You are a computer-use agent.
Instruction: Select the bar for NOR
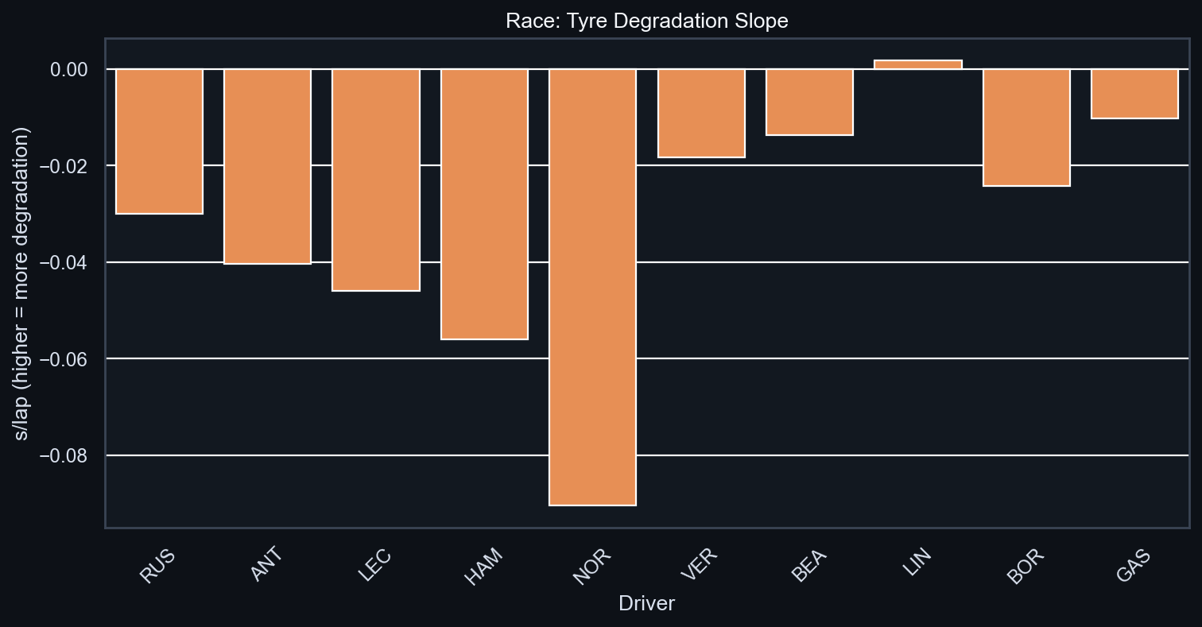coord(592,287)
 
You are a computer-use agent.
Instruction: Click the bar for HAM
coord(484,204)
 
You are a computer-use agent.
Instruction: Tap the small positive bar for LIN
coord(917,64)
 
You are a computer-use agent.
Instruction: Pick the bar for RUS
coord(159,141)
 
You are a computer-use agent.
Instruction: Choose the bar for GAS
coord(1134,94)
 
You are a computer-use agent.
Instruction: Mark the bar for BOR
coord(1026,127)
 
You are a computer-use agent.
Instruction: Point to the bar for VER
coord(701,113)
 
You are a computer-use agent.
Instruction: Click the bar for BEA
coord(809,102)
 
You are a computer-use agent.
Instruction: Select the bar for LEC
coord(376,180)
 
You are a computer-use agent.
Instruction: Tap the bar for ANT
coord(267,166)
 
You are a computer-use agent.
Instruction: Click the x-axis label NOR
coord(591,565)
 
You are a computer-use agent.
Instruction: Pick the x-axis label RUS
coord(157,565)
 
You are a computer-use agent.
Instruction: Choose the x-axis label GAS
coord(1134,565)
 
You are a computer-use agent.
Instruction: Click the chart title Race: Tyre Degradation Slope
coord(646,21)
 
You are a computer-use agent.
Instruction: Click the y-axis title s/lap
coord(23,283)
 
